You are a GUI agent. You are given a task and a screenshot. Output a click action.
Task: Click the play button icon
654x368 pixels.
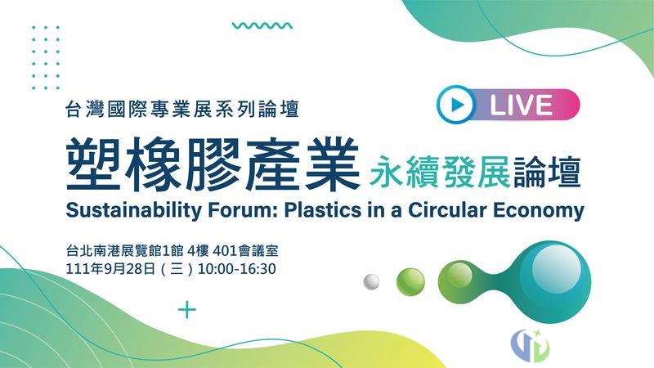[456, 105]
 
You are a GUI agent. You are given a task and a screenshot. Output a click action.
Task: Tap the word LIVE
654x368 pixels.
[522, 105]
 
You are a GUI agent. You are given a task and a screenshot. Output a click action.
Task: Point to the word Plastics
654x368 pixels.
[322, 210]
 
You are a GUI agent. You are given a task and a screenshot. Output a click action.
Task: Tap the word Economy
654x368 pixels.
[539, 211]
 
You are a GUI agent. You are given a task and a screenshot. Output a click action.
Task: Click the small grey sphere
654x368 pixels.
[371, 281]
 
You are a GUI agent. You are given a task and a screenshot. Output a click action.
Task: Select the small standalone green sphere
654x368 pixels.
[410, 282]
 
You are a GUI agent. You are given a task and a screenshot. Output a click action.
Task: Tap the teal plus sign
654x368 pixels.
[187, 310]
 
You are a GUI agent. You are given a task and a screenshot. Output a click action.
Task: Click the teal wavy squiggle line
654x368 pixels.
[262, 25]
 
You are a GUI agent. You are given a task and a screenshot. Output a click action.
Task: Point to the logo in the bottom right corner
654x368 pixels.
[530, 345]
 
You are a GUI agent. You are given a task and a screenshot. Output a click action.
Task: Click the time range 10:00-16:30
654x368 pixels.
[236, 269]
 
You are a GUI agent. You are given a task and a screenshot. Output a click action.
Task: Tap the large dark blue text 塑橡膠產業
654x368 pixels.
[213, 164]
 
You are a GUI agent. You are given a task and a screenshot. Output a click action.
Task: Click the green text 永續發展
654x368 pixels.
[440, 172]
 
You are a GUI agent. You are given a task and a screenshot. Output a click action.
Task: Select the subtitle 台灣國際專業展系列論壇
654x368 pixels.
[182, 109]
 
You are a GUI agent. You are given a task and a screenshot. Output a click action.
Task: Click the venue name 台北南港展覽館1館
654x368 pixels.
[125, 251]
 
